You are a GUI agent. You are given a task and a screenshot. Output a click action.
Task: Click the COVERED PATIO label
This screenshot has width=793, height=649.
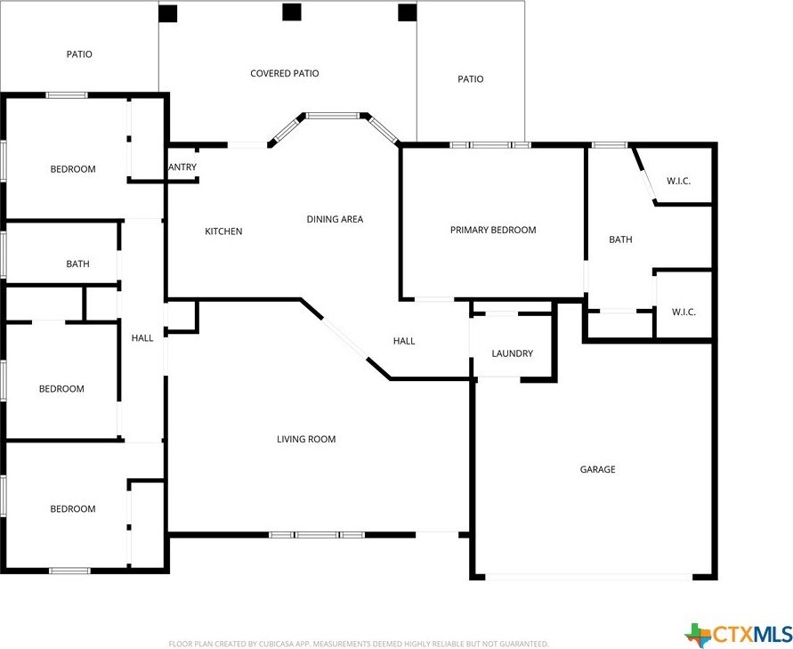284,74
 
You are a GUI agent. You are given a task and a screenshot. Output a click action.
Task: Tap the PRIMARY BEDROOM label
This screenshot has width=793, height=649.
493,231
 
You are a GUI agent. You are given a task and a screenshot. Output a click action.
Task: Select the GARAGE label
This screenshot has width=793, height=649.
597,470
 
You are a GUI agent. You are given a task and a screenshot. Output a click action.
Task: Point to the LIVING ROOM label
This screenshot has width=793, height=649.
306,440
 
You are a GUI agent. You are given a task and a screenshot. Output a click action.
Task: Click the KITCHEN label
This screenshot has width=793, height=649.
223,232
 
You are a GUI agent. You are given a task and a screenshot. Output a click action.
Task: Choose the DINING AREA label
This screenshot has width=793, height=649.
335,220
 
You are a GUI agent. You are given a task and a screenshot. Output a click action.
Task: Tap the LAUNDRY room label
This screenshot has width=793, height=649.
513,354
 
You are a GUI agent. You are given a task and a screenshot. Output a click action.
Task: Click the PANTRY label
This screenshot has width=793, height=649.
182,167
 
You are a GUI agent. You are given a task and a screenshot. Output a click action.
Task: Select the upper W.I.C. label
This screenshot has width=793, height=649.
678,182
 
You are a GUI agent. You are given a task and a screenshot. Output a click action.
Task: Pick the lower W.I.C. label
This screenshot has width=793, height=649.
684,312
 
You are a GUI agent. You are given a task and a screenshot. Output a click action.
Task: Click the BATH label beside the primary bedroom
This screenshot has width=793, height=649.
620,239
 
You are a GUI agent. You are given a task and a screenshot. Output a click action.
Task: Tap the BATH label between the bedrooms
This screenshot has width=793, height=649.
77,264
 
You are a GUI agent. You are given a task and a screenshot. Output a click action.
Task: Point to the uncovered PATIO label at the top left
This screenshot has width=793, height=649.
79,54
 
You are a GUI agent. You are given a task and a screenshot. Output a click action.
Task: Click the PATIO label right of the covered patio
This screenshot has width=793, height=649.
471,79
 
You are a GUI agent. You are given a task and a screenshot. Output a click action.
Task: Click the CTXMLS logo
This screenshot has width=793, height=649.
738,634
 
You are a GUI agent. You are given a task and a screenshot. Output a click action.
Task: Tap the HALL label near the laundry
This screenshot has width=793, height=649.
404,341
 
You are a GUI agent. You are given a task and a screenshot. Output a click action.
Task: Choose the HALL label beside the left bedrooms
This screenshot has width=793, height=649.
142,338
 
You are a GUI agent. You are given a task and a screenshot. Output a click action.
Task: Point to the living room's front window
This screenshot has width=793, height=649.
317,535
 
